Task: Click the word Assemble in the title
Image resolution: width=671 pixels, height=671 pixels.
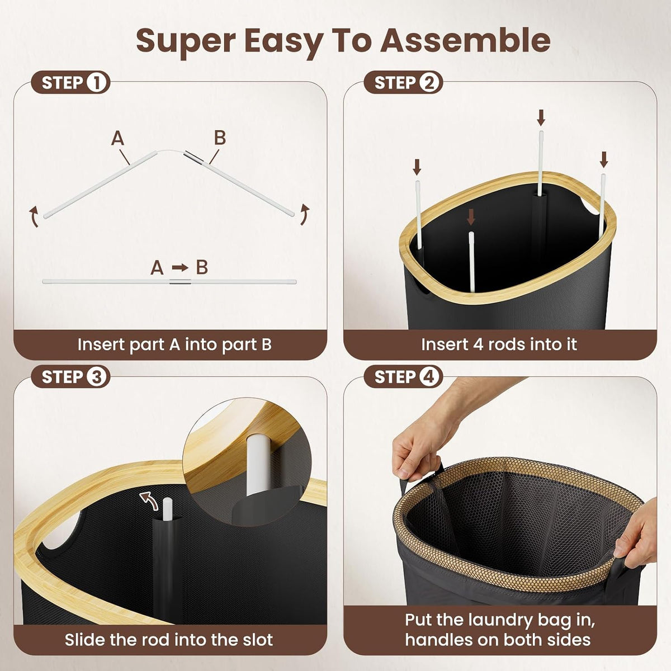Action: pyautogui.click(x=465, y=40)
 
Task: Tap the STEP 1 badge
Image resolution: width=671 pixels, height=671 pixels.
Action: pyautogui.click(x=70, y=83)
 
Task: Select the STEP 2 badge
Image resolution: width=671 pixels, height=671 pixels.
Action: pyautogui.click(x=403, y=83)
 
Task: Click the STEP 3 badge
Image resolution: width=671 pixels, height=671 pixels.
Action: pyautogui.click(x=70, y=377)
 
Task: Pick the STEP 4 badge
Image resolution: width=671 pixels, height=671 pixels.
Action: pyautogui.click(x=403, y=377)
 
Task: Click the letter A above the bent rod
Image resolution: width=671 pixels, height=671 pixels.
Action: pyautogui.click(x=117, y=139)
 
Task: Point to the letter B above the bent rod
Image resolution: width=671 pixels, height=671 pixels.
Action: pyautogui.click(x=220, y=138)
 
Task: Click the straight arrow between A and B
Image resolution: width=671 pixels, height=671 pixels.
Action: pyautogui.click(x=180, y=267)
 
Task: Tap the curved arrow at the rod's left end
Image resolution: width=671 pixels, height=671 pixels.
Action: pyautogui.click(x=34, y=216)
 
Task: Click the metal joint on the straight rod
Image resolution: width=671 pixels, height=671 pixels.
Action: pyautogui.click(x=180, y=282)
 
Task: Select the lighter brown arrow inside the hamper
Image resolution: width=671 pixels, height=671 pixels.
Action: pyautogui.click(x=471, y=217)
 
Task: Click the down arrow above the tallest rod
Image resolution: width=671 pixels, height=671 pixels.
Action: pyautogui.click(x=541, y=117)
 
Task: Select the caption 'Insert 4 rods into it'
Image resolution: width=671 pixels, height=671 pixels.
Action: pyautogui.click(x=499, y=345)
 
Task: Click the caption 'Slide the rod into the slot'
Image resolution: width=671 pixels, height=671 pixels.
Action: pyautogui.click(x=169, y=640)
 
